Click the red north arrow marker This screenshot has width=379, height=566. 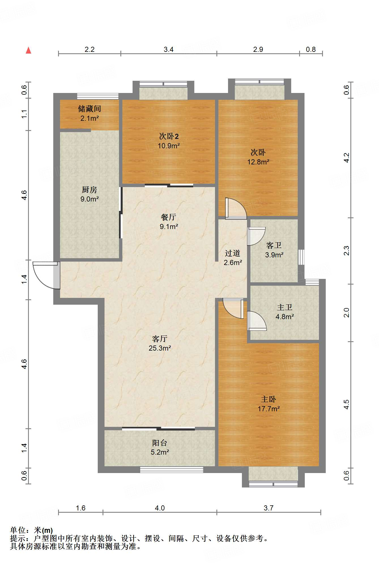click(28, 50)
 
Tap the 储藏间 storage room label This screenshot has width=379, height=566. click(90, 109)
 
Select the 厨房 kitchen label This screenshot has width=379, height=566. click(90, 190)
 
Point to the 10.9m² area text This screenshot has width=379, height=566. click(169, 146)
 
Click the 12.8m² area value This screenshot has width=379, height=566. click(258, 162)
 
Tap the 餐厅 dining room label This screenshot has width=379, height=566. click(169, 217)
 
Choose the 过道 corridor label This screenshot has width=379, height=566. click(233, 253)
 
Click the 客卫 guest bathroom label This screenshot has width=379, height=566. click(274, 245)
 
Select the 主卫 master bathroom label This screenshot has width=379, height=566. click(285, 307)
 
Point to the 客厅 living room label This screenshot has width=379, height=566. click(160, 339)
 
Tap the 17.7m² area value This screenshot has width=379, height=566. click(269, 409)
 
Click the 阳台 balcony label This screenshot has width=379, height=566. click(160, 443)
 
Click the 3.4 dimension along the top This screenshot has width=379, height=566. click(169, 49)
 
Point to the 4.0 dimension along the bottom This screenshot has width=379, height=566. click(160, 508)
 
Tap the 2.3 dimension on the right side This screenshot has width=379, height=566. click(346, 251)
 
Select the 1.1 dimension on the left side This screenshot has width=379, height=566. click(24, 114)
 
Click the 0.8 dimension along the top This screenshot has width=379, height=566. click(311, 49)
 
